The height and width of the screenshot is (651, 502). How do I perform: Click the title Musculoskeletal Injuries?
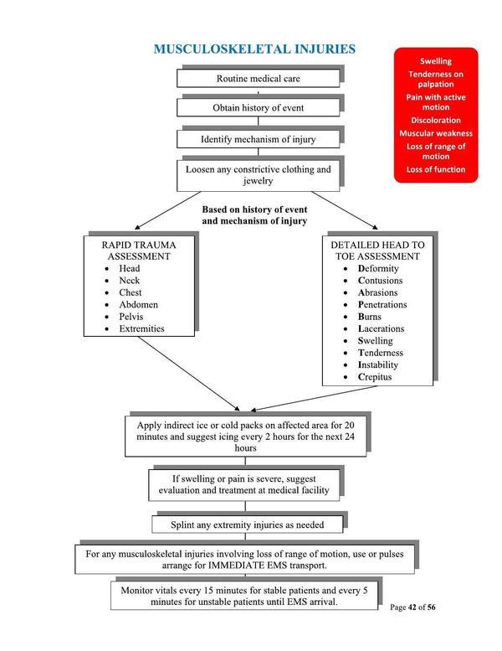[x=254, y=50]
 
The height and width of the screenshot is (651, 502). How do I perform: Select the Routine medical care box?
[x=258, y=79]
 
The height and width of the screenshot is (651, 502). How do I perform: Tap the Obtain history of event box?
[x=258, y=109]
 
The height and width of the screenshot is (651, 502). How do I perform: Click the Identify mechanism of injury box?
[x=258, y=138]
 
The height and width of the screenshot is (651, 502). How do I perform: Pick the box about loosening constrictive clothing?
[x=258, y=174]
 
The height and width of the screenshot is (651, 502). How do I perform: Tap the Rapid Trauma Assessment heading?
[x=139, y=250]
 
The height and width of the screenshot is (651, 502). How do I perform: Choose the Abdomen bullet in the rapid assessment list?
[x=138, y=305]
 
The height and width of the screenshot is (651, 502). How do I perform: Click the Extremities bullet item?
[x=141, y=329]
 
